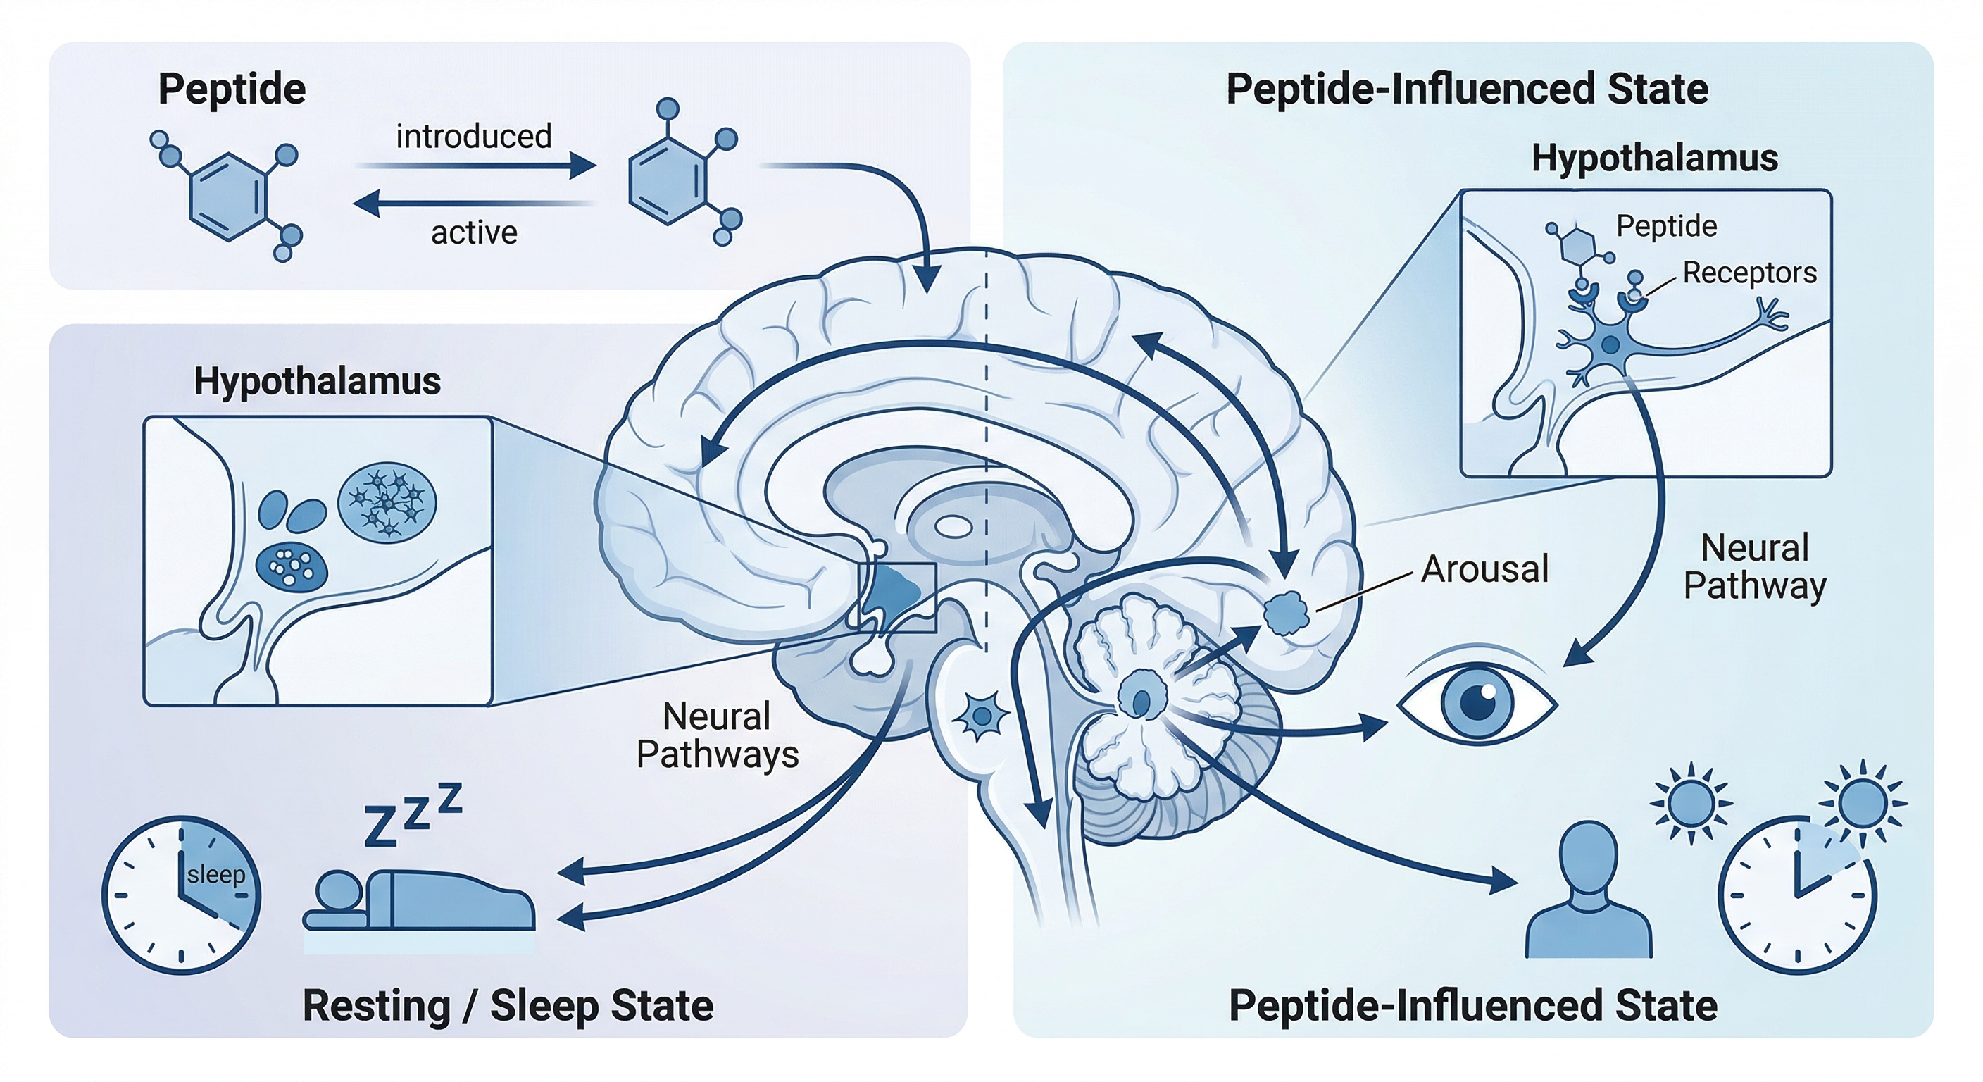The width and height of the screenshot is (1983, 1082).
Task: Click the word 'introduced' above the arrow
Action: pyautogui.click(x=473, y=137)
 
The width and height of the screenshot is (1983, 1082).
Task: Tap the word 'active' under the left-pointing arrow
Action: pyautogui.click(x=473, y=232)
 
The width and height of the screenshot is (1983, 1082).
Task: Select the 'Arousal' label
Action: pyautogui.click(x=1484, y=569)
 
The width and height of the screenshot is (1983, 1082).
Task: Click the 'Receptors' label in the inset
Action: pyautogui.click(x=1749, y=273)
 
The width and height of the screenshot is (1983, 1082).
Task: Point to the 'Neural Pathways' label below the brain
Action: pyautogui.click(x=718, y=735)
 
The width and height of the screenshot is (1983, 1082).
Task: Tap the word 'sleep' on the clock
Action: pyautogui.click(x=215, y=874)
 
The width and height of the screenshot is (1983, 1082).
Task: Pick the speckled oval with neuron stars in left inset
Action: pyautogui.click(x=387, y=501)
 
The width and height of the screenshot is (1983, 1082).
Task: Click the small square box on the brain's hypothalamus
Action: pyautogui.click(x=897, y=597)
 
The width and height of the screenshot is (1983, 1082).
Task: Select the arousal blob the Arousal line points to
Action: pyautogui.click(x=1287, y=612)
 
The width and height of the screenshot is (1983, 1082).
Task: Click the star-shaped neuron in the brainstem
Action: pyautogui.click(x=981, y=716)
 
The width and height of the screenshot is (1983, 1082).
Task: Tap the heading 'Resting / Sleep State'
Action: pyautogui.click(x=508, y=1006)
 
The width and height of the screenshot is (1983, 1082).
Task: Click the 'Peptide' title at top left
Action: pyautogui.click(x=232, y=89)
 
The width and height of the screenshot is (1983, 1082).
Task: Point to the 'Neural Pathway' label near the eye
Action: pyautogui.click(x=1754, y=567)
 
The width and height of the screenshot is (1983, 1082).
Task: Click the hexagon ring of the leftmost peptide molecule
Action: pyautogui.click(x=229, y=197)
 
